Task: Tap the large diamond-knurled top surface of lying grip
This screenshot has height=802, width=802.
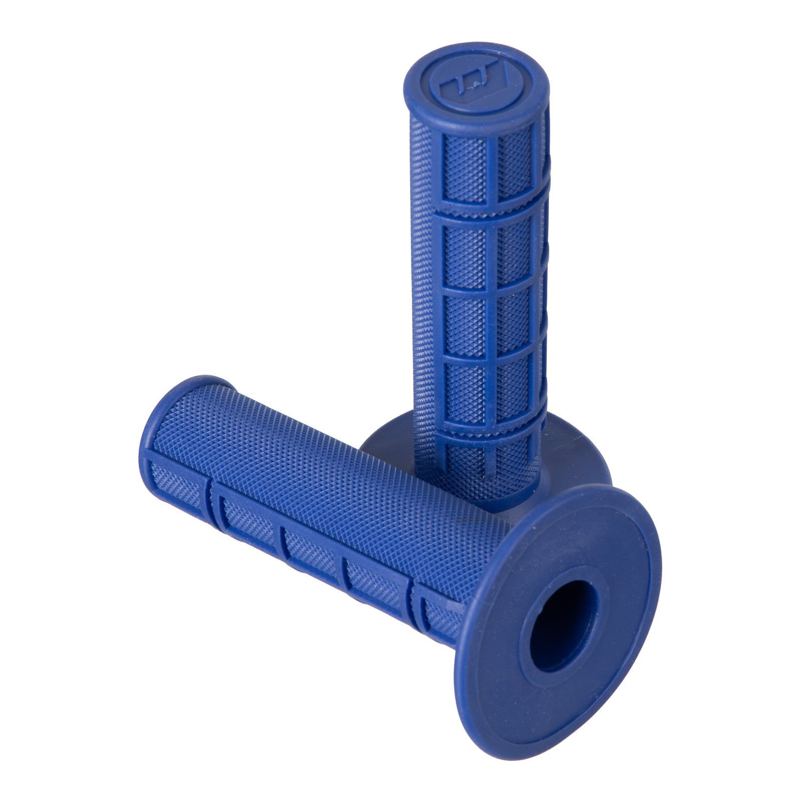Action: tap(321, 481)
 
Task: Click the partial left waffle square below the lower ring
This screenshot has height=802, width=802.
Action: tap(464, 464)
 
